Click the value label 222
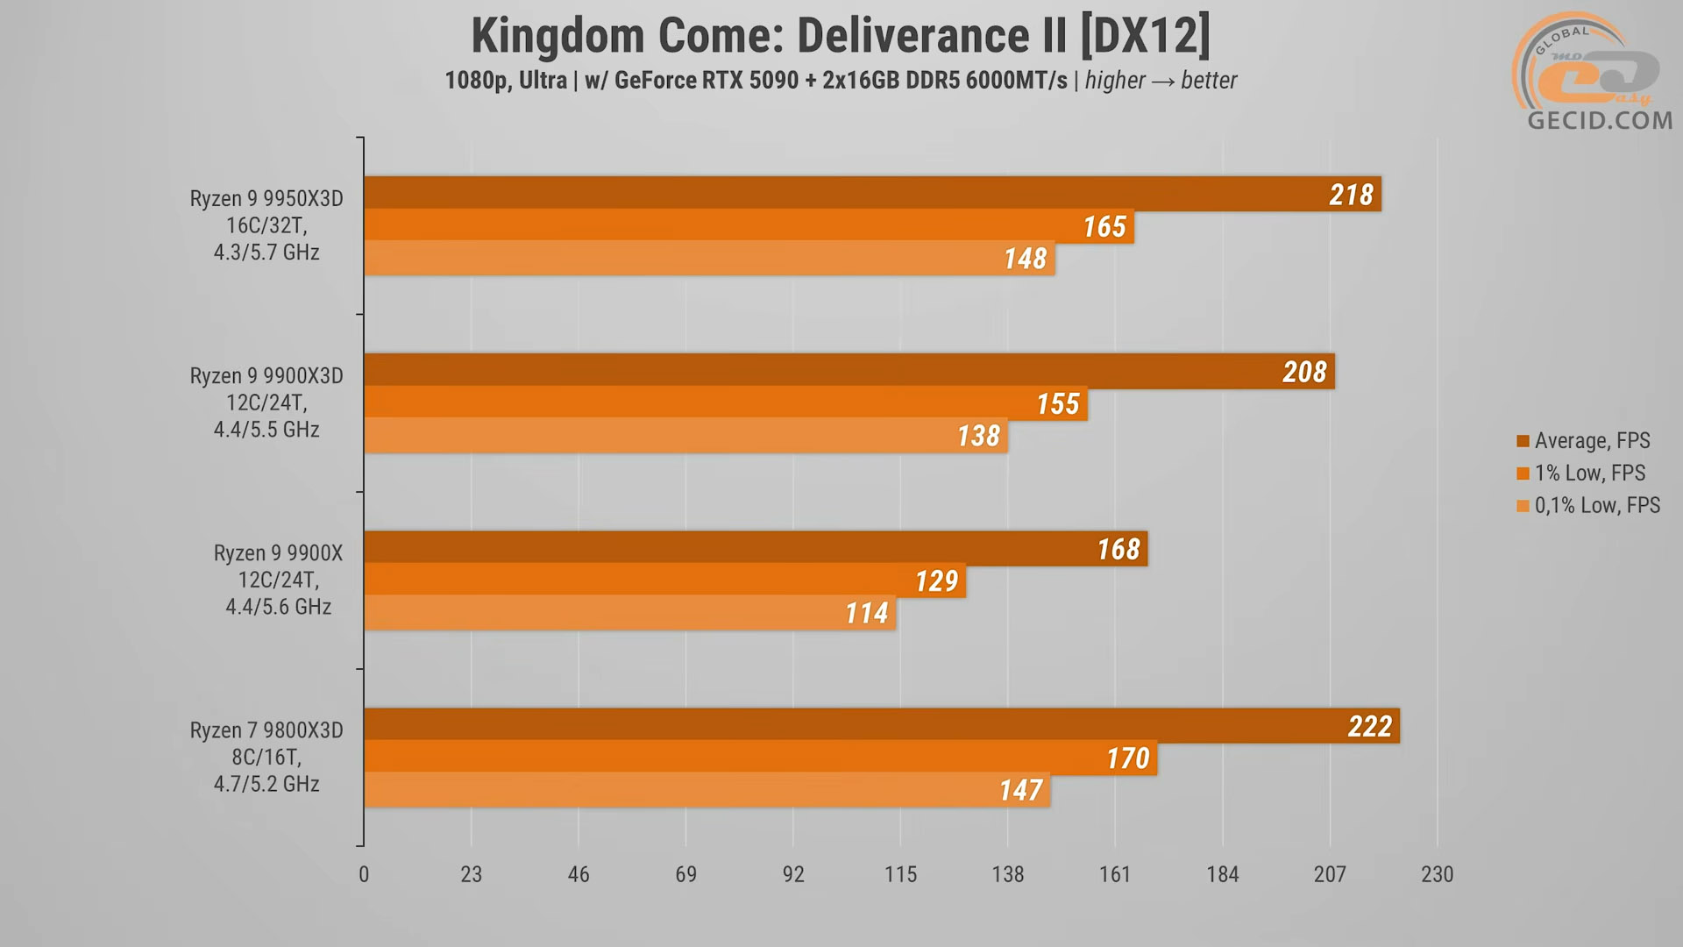1369,726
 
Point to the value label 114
866,613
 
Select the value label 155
1057,403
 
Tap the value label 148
1025,259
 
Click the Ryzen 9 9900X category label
278,580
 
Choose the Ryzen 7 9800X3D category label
266,757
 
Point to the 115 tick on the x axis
900,874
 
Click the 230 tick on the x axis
1437,874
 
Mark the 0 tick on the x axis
364,874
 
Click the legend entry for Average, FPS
1591,440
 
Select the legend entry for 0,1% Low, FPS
1596,505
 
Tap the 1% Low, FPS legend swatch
1523,473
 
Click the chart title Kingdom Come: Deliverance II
840,36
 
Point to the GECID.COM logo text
1600,120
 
